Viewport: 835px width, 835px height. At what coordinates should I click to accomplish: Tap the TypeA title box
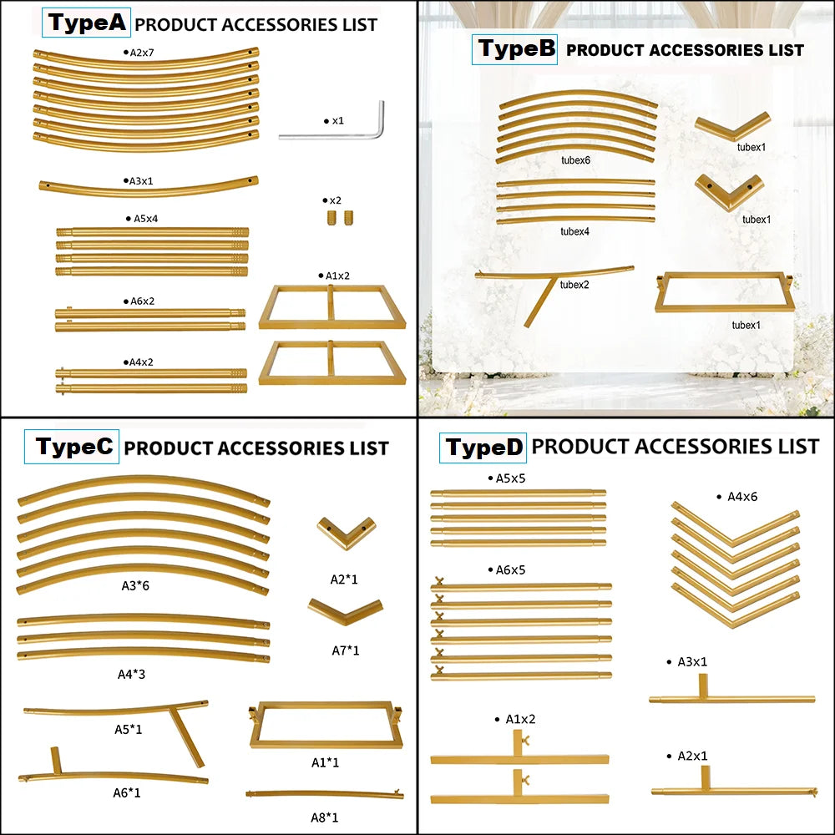pos(86,23)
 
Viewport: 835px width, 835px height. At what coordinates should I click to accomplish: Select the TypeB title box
pos(514,49)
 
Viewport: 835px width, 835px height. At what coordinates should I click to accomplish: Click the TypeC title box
pos(71,446)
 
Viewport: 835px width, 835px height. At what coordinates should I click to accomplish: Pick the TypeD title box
pos(483,448)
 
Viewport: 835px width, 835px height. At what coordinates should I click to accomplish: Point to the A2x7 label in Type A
pos(139,53)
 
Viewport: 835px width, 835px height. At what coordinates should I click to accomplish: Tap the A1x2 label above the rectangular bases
pos(335,276)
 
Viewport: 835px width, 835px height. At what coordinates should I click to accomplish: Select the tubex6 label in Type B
pos(575,160)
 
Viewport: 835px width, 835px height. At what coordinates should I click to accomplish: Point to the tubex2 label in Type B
pos(574,285)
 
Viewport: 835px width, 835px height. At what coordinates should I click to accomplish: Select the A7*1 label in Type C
pos(346,650)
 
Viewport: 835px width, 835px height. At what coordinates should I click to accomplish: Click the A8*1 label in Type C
pos(325,817)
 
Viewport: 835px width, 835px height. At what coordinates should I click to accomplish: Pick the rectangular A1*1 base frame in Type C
pos(326,742)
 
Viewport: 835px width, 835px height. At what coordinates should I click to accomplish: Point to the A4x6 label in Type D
pos(737,497)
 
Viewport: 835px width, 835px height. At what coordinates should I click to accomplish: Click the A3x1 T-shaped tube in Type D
pos(731,698)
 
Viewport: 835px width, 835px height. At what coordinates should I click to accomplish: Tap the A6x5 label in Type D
pos(507,569)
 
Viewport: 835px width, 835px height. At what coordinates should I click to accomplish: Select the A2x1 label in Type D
pos(687,756)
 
